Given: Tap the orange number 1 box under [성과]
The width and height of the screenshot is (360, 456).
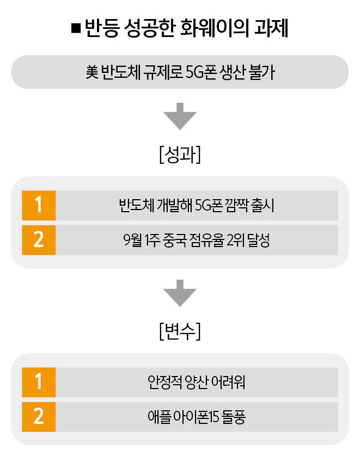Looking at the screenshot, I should (39, 206).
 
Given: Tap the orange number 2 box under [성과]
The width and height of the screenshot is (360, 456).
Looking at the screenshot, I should (39, 240).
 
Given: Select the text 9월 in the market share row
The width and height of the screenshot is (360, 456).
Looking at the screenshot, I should (133, 240).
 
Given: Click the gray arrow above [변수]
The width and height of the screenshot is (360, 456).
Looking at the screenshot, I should (180, 294).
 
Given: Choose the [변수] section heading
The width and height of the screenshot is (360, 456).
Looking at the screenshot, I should (180, 331).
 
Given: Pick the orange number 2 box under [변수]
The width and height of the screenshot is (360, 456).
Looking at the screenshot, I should (39, 416).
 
